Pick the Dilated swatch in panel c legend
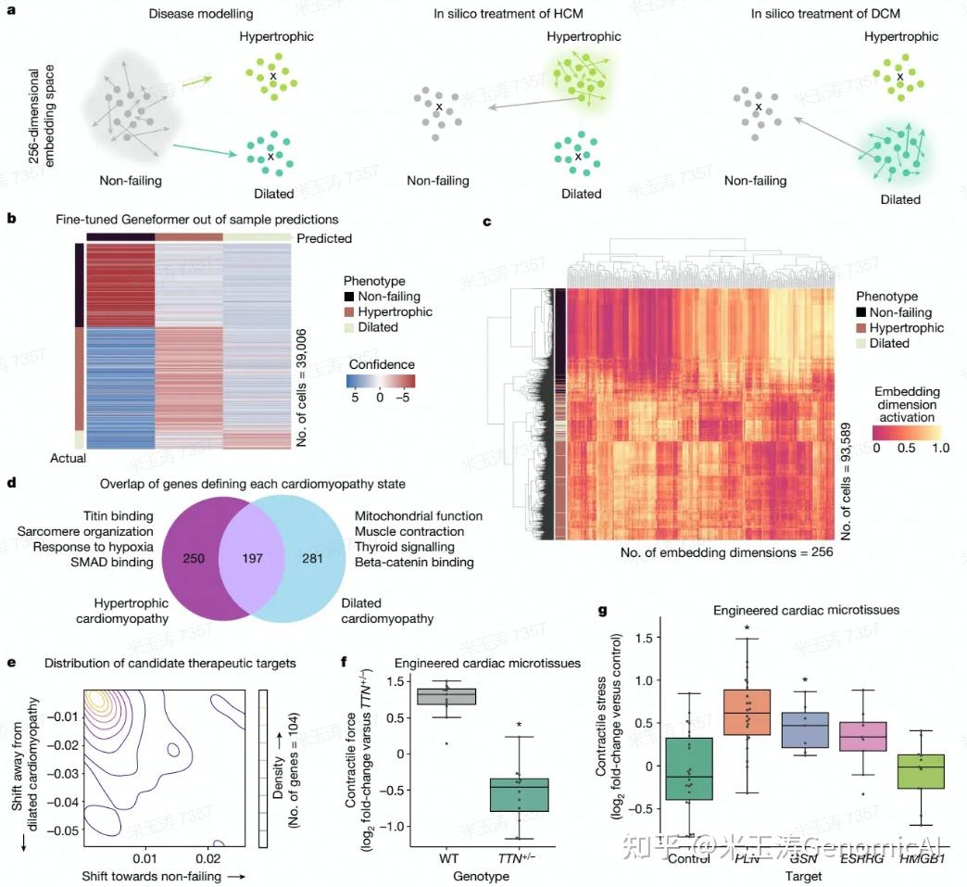pos(860,343)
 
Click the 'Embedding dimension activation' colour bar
pos(908,433)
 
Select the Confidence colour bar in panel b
pos(380,380)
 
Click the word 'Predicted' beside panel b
pos(324,238)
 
